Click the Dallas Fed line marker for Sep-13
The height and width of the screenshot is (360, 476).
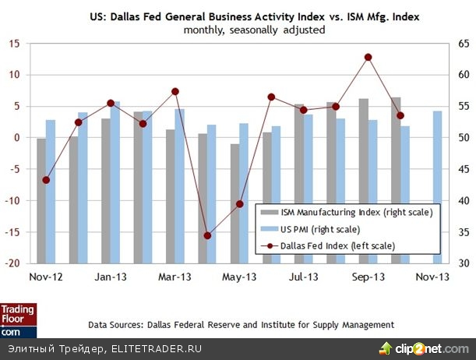click(368, 57)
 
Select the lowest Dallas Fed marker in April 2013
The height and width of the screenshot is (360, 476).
click(207, 235)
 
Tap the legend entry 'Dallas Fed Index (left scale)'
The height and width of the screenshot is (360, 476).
click(345, 246)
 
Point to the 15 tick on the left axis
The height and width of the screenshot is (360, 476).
click(14, 44)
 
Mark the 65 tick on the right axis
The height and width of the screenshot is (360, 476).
click(463, 44)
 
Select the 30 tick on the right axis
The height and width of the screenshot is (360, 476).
click(463, 263)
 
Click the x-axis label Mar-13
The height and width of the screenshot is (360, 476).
click(175, 277)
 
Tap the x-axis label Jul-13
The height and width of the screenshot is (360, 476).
click(304, 277)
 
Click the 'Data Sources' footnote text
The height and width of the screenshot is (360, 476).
click(241, 324)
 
